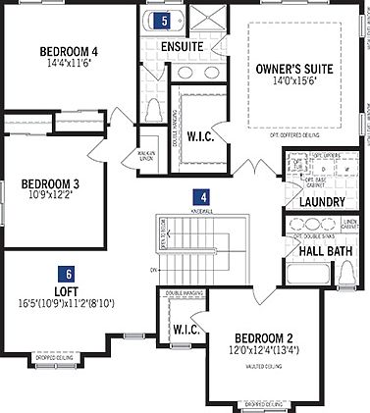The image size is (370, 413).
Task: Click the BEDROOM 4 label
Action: pos(69,51)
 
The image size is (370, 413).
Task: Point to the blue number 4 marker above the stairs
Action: pos(199,196)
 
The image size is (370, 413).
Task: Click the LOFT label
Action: pos(66,291)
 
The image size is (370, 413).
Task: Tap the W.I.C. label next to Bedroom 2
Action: pos(186,330)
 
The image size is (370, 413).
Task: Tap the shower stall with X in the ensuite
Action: pos(209,19)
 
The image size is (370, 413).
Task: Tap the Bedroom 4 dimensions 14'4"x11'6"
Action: pos(69,64)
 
